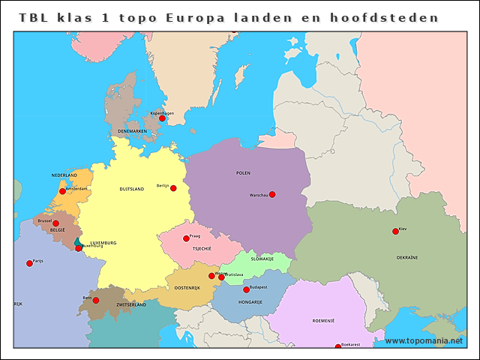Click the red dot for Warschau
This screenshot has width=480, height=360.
point(272,194)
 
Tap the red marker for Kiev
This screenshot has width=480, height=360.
point(395,231)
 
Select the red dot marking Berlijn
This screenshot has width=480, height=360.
point(173,188)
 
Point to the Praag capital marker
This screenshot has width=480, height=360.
point(186,238)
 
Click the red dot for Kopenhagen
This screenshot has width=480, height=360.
point(162,118)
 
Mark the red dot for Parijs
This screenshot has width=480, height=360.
point(29,263)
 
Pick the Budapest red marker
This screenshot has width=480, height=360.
point(246,289)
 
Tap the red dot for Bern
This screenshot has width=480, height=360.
point(96,300)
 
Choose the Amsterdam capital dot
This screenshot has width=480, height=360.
point(62,191)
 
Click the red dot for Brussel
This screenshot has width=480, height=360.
point(55,223)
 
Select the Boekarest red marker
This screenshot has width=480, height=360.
point(337,346)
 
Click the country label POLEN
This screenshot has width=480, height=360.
point(243,172)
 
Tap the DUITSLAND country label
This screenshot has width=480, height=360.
point(131,189)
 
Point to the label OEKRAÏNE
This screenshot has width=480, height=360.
point(407,257)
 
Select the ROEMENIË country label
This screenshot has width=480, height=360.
point(323,320)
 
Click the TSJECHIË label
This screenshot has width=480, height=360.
point(202,248)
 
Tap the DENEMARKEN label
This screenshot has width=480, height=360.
point(132,131)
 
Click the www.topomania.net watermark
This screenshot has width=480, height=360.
point(424,340)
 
